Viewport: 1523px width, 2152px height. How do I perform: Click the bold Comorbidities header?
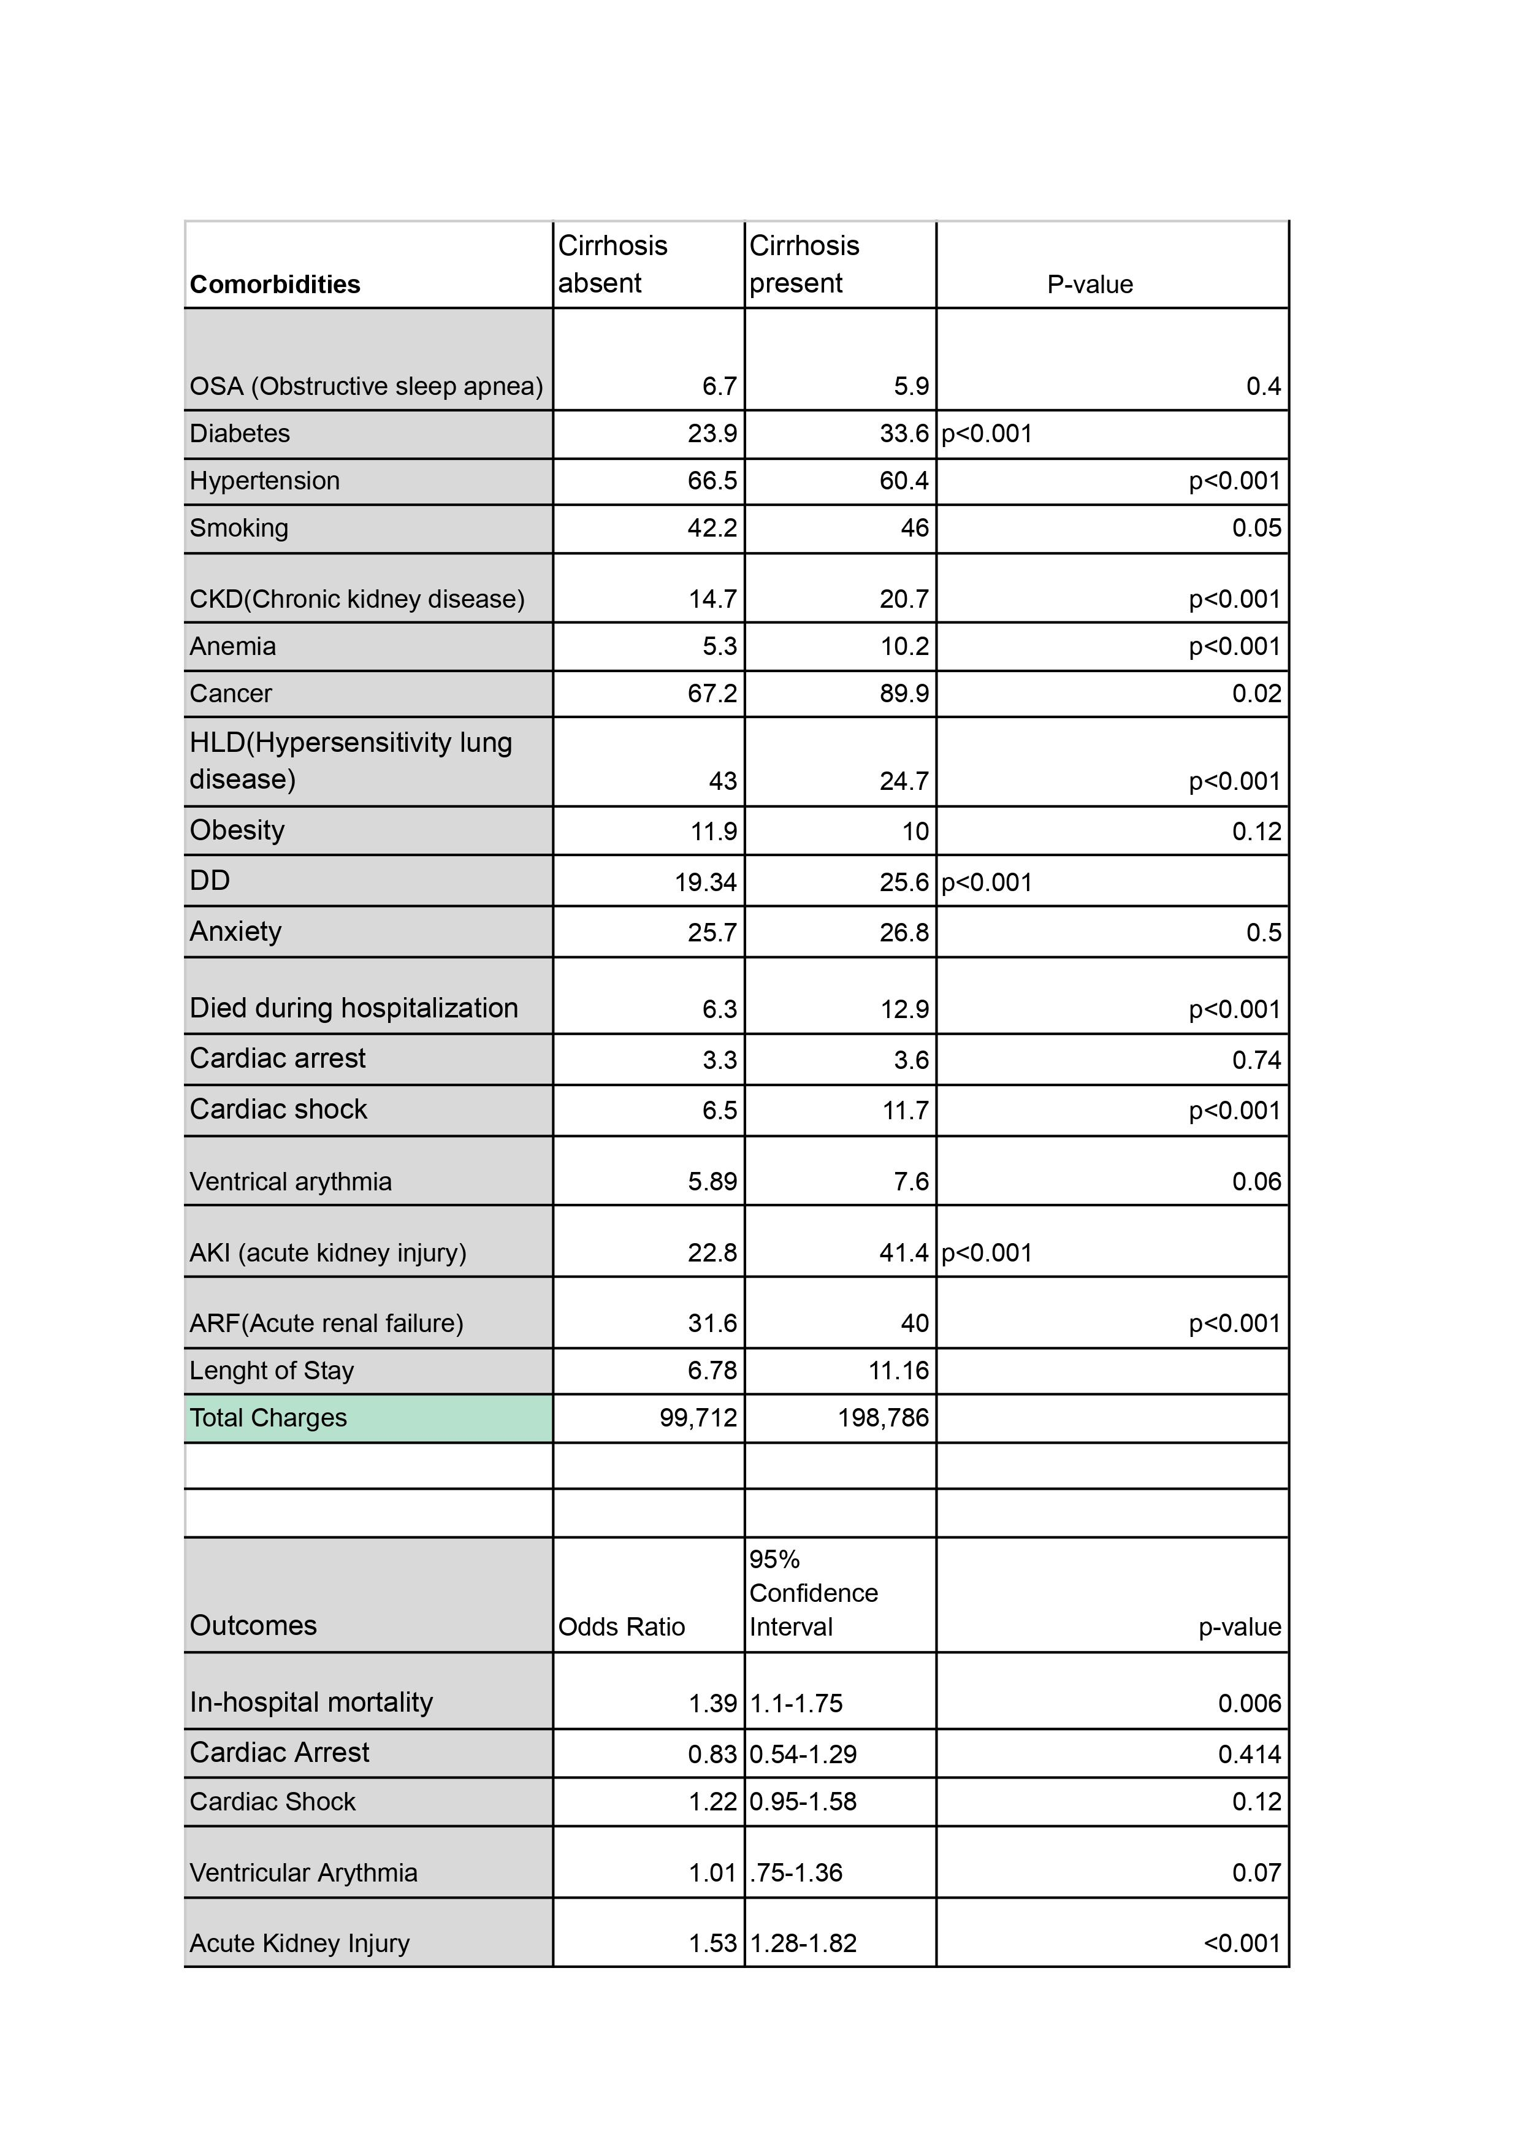coord(275,284)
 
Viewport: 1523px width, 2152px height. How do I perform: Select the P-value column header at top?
coord(1090,284)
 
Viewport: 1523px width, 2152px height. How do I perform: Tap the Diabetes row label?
coord(240,434)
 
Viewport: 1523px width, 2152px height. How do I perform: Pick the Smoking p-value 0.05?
coord(1257,527)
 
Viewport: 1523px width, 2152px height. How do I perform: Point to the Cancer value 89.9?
coord(904,693)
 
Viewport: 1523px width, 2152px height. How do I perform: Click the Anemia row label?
coord(232,646)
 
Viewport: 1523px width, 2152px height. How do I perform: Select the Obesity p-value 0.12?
coord(1257,831)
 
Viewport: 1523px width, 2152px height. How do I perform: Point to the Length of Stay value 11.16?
coord(898,1371)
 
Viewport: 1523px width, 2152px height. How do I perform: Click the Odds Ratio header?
coord(622,1626)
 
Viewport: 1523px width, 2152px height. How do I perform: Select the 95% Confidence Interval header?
coord(813,1593)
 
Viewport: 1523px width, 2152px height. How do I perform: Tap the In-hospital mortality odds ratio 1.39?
coord(712,1702)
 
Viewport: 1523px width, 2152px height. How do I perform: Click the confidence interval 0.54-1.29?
coord(803,1754)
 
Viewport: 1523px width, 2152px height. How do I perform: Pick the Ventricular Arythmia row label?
coord(303,1872)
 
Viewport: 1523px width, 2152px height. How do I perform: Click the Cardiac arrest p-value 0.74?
coord(1257,1060)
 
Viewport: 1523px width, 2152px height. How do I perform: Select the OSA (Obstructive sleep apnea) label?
coord(366,386)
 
